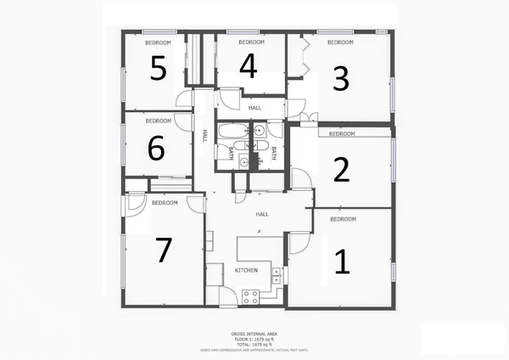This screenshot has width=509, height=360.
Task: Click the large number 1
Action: tap(342, 262)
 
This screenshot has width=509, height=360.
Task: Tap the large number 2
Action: tap(341, 171)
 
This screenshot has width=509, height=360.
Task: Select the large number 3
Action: tap(340, 78)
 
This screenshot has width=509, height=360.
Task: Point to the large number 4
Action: tap(248, 65)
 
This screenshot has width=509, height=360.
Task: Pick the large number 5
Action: tap(158, 69)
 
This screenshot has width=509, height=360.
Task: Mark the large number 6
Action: tap(156, 149)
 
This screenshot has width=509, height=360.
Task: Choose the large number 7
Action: tap(164, 250)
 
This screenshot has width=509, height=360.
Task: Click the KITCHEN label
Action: tap(246, 270)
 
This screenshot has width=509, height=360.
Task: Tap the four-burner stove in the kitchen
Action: tap(251, 296)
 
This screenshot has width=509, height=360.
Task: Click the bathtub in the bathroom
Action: tap(230, 132)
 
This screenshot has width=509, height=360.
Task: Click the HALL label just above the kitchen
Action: tap(262, 214)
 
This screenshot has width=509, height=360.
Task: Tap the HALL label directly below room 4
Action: tap(255, 108)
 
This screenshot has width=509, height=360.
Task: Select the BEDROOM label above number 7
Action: tap(165, 203)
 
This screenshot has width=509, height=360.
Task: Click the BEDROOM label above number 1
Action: tap(343, 219)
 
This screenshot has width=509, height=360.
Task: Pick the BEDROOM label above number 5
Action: tap(158, 42)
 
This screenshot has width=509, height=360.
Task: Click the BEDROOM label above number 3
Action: tap(340, 42)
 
